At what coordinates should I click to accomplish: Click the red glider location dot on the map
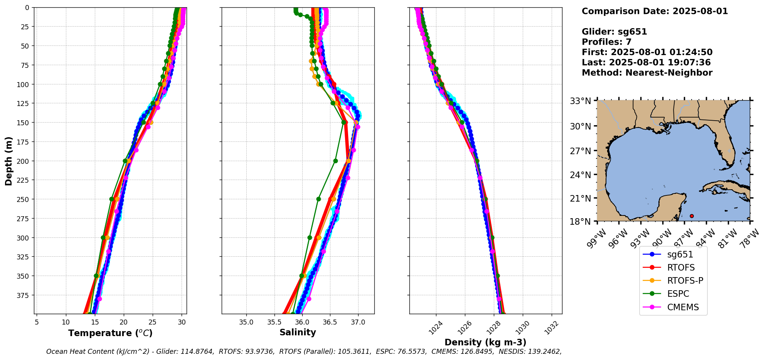click(x=692, y=216)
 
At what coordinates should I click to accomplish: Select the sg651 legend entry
click(x=680, y=254)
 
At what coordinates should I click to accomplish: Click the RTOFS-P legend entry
click(x=685, y=281)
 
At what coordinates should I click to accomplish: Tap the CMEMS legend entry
click(x=683, y=307)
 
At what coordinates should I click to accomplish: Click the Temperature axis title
click(x=110, y=333)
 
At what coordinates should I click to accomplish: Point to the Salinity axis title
click(x=298, y=332)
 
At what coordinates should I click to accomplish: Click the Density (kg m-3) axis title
click(x=485, y=342)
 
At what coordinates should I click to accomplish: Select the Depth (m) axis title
click(x=9, y=161)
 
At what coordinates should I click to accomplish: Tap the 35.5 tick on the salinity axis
click(x=274, y=322)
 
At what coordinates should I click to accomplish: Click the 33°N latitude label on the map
click(x=581, y=101)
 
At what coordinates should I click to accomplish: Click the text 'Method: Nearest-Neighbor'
click(x=647, y=73)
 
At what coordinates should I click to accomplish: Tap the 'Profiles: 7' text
click(x=606, y=42)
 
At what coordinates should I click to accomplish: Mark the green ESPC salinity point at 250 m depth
click(x=318, y=199)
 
